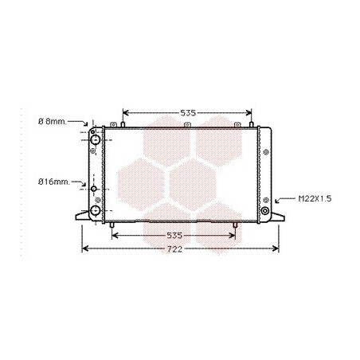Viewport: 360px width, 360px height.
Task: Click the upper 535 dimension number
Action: point(188,113)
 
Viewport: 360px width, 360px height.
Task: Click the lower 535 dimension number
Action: point(174,235)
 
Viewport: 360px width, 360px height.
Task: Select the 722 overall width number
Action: point(174,249)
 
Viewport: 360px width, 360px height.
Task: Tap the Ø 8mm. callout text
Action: point(52,122)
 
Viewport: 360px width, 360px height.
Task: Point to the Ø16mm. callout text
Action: point(54,182)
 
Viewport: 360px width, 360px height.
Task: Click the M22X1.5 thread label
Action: point(315,198)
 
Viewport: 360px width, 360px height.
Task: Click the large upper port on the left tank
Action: point(95,139)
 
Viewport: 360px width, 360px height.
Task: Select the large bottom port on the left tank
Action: point(95,210)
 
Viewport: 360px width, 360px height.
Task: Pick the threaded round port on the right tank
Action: point(265,211)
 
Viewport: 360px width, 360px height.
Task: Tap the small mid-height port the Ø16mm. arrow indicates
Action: point(94,189)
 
